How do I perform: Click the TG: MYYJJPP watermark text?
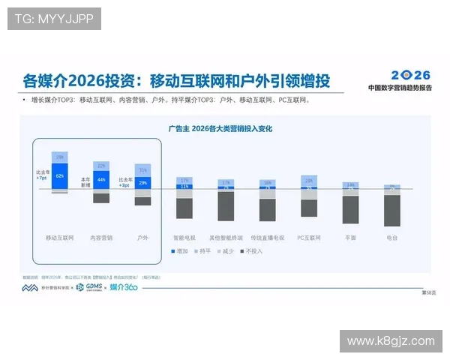coord(53,19)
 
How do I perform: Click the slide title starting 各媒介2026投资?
coord(177,80)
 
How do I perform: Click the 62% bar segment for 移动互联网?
coord(60,175)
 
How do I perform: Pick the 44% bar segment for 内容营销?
coord(101,180)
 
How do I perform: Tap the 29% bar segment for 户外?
coord(142,182)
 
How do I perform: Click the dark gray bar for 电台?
coord(392,210)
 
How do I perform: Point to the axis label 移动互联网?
coord(60,237)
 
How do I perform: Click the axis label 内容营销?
coord(101,237)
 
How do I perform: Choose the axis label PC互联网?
coord(309,237)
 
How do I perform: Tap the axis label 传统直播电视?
coord(267,237)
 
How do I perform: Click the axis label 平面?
coord(350,237)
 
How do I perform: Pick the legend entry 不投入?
coord(252,250)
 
